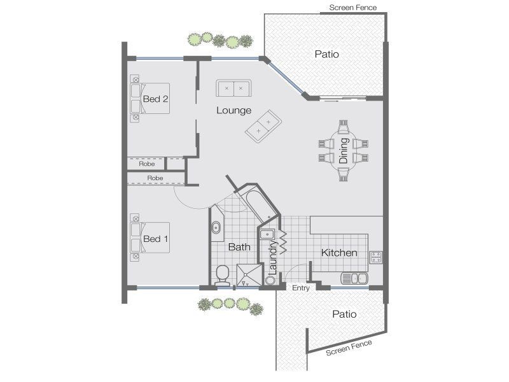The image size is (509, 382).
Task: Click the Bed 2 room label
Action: click(x=155, y=99)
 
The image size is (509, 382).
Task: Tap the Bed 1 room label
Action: click(x=155, y=239)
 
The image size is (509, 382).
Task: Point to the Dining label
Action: click(x=344, y=151)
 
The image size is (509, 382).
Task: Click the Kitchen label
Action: click(x=338, y=253)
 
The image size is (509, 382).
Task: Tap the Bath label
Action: click(x=239, y=247)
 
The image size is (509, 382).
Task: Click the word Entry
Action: click(x=300, y=288)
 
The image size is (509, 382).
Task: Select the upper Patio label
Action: click(x=327, y=54)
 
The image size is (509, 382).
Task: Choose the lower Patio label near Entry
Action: click(x=344, y=314)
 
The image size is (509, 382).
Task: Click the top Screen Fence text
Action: click(x=353, y=8)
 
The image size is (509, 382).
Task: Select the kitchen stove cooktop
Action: click(x=375, y=257)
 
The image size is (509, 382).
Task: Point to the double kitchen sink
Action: click(x=354, y=278)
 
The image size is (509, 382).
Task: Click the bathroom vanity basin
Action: click(x=216, y=227)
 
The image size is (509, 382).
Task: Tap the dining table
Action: click(x=344, y=151)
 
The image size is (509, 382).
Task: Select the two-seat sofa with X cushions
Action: click(x=234, y=87)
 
